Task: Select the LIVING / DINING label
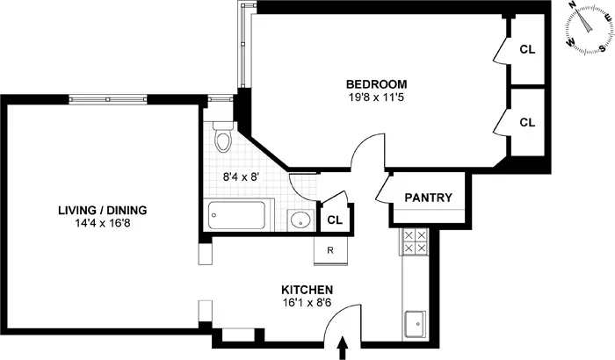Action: point(102,210)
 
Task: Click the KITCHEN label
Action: point(306,290)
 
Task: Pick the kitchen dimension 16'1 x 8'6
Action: point(306,304)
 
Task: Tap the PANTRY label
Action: point(428,198)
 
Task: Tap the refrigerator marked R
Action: point(329,250)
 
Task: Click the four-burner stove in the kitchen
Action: point(414,241)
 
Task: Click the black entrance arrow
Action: point(343,350)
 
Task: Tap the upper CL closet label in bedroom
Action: point(527,50)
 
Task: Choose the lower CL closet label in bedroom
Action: point(527,123)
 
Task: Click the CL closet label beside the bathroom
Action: point(335,220)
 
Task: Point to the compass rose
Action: point(583,29)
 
